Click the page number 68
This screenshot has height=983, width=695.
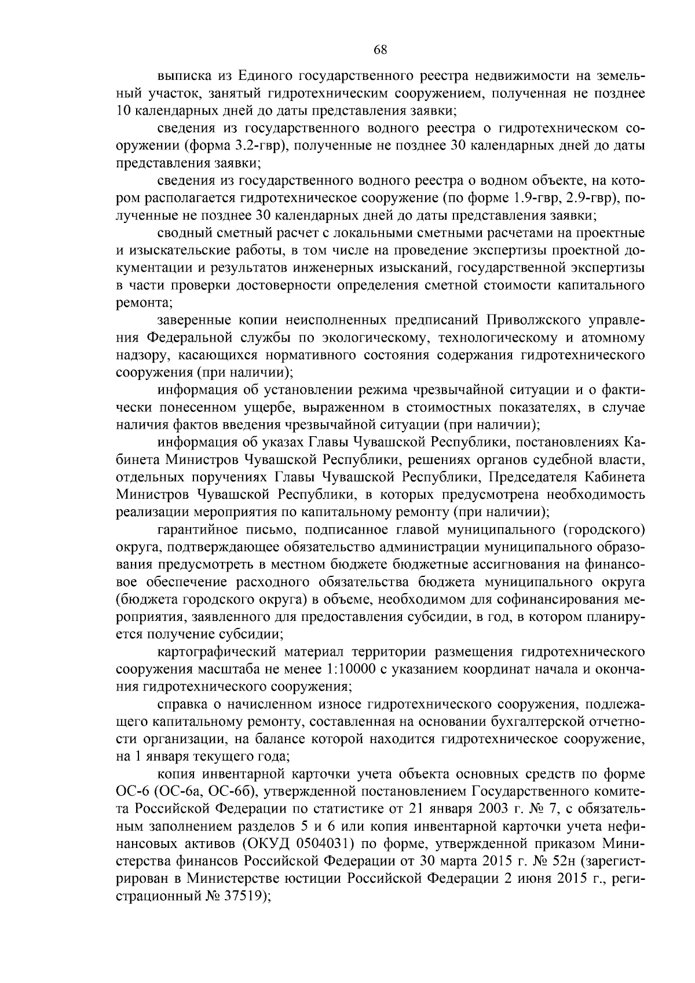[x=380, y=50]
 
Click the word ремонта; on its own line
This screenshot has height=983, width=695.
[x=144, y=302]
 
